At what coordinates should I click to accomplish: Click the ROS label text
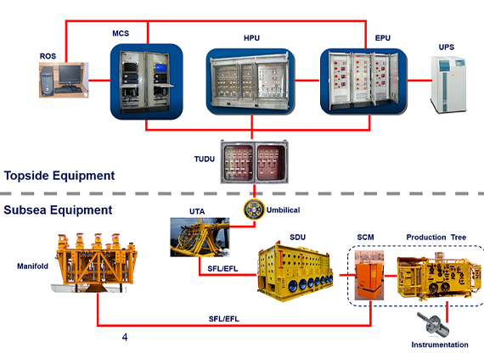[48, 56]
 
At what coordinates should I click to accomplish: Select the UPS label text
[447, 47]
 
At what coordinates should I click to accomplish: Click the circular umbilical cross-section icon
[252, 210]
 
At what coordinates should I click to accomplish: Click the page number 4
[125, 338]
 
